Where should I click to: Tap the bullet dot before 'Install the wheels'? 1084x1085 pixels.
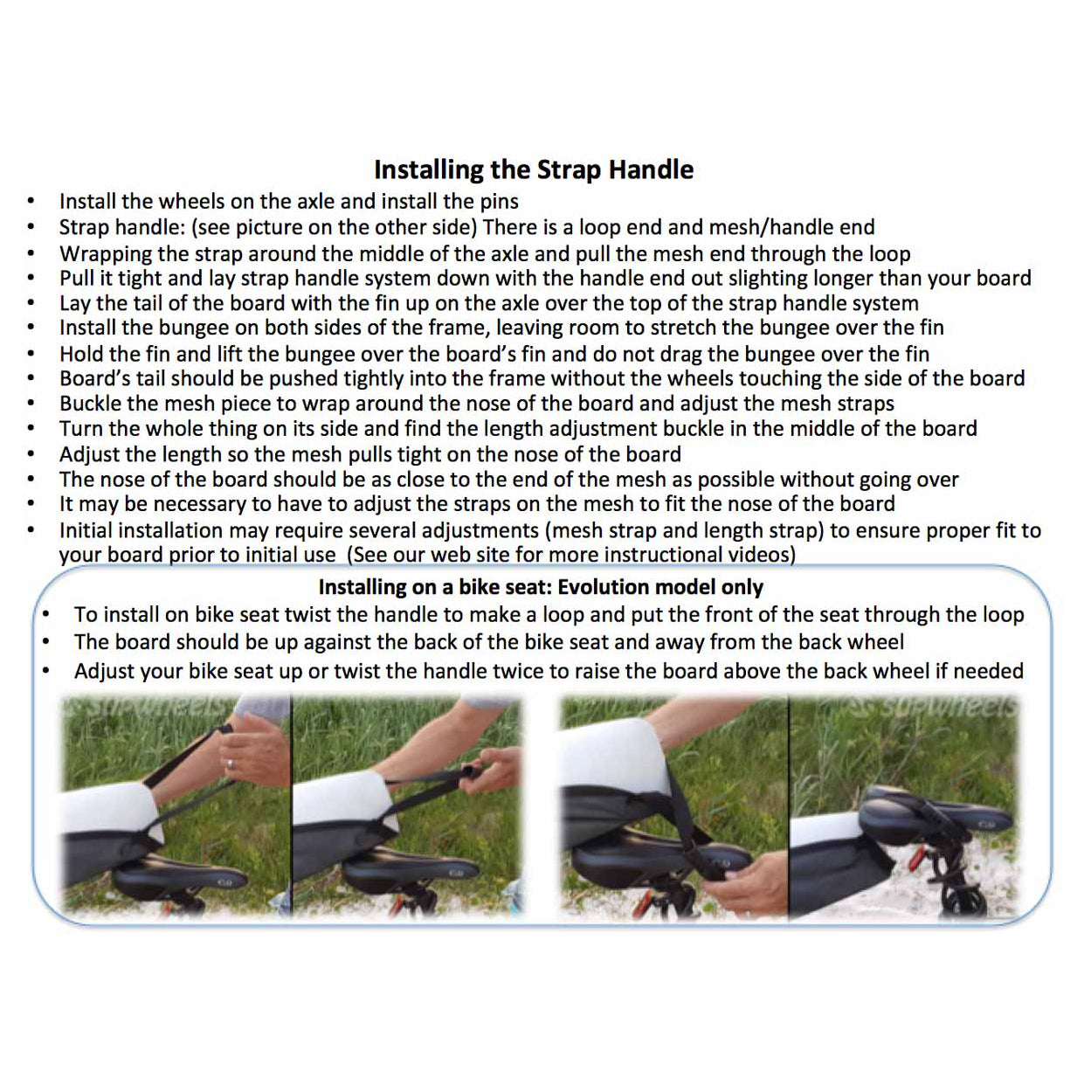click(31, 202)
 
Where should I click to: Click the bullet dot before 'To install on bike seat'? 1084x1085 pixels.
click(46, 614)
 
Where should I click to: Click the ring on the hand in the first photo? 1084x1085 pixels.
click(230, 764)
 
